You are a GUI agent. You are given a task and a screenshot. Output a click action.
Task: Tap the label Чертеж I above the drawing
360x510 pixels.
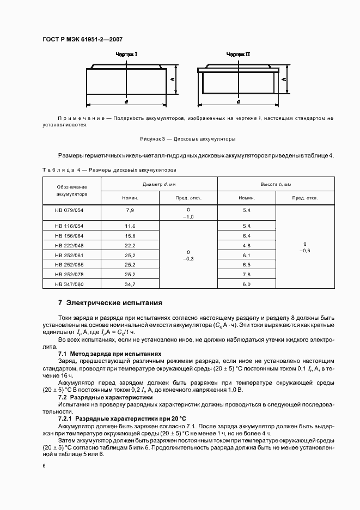pos(126,54)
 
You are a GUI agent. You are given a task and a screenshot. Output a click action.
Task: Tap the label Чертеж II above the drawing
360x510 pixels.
pos(239,54)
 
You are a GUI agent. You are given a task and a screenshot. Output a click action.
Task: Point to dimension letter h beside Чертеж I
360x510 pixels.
pos(172,78)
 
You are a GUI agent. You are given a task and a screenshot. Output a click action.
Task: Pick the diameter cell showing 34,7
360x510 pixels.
pos(130,284)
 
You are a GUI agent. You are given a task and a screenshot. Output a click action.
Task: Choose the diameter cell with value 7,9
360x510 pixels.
pos(130,210)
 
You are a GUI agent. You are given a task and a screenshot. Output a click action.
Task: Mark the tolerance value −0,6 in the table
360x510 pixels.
pos(304,250)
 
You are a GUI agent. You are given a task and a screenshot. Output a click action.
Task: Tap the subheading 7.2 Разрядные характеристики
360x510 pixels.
pos(98,397)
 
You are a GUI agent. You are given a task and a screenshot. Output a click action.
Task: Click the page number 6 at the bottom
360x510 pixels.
pos(44,465)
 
